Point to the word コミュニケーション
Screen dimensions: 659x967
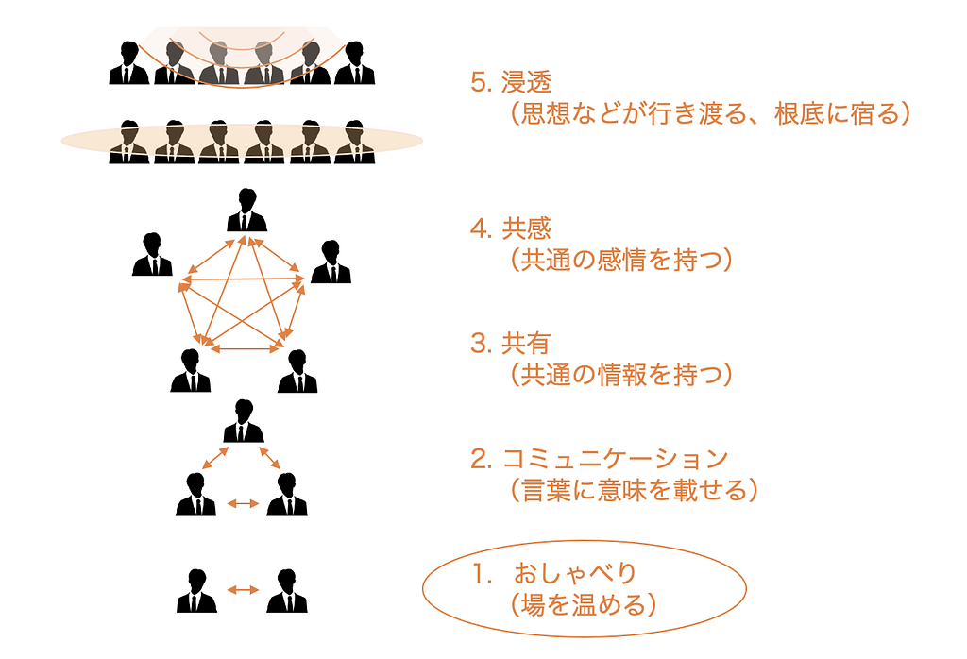(x=615, y=459)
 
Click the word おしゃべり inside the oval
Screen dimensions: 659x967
(x=576, y=572)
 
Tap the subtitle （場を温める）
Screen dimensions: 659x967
(x=576, y=603)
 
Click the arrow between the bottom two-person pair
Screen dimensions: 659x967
(x=243, y=590)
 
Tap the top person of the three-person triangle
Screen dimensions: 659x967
(x=244, y=422)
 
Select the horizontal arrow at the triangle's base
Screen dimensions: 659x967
(x=243, y=504)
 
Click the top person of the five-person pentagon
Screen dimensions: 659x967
(x=246, y=211)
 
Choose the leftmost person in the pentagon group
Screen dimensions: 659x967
(x=152, y=255)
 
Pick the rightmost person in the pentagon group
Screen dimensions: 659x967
(x=331, y=262)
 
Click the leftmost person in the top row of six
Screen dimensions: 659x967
(x=128, y=63)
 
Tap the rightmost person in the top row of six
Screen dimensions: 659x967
(x=355, y=63)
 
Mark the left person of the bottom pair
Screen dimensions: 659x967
(x=196, y=591)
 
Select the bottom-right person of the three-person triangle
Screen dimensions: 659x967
(x=287, y=495)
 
